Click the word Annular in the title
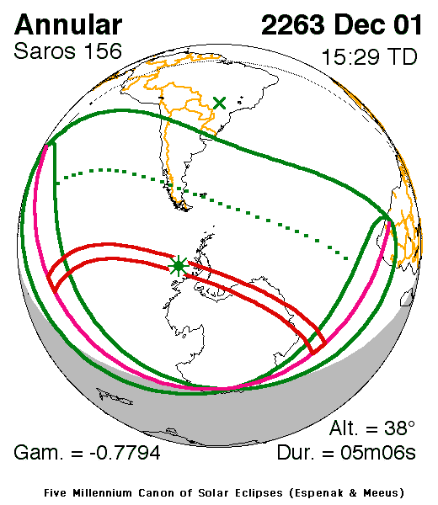(x=68, y=24)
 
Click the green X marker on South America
(x=220, y=103)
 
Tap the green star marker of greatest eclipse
(x=178, y=267)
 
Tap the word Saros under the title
(x=41, y=51)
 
